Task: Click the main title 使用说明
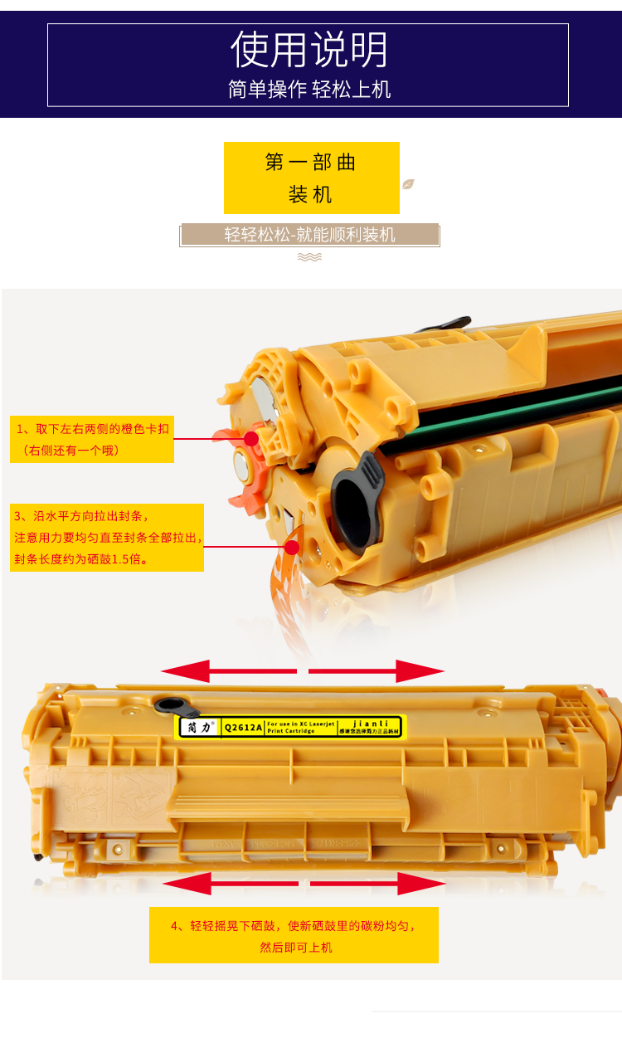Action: (x=309, y=50)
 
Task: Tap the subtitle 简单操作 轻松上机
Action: (x=309, y=90)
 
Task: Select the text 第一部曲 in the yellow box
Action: (x=311, y=163)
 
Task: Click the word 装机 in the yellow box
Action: (x=311, y=195)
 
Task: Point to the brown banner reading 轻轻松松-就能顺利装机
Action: (x=309, y=235)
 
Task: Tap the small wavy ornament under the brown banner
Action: (x=309, y=257)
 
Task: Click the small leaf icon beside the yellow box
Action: (x=408, y=184)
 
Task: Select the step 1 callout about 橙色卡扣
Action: (x=92, y=439)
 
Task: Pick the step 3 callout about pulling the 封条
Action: (x=107, y=538)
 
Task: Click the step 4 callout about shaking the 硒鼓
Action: (x=294, y=935)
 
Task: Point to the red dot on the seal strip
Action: (x=292, y=547)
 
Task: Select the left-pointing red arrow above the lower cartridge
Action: (x=228, y=670)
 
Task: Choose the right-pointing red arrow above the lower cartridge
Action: (x=377, y=670)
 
